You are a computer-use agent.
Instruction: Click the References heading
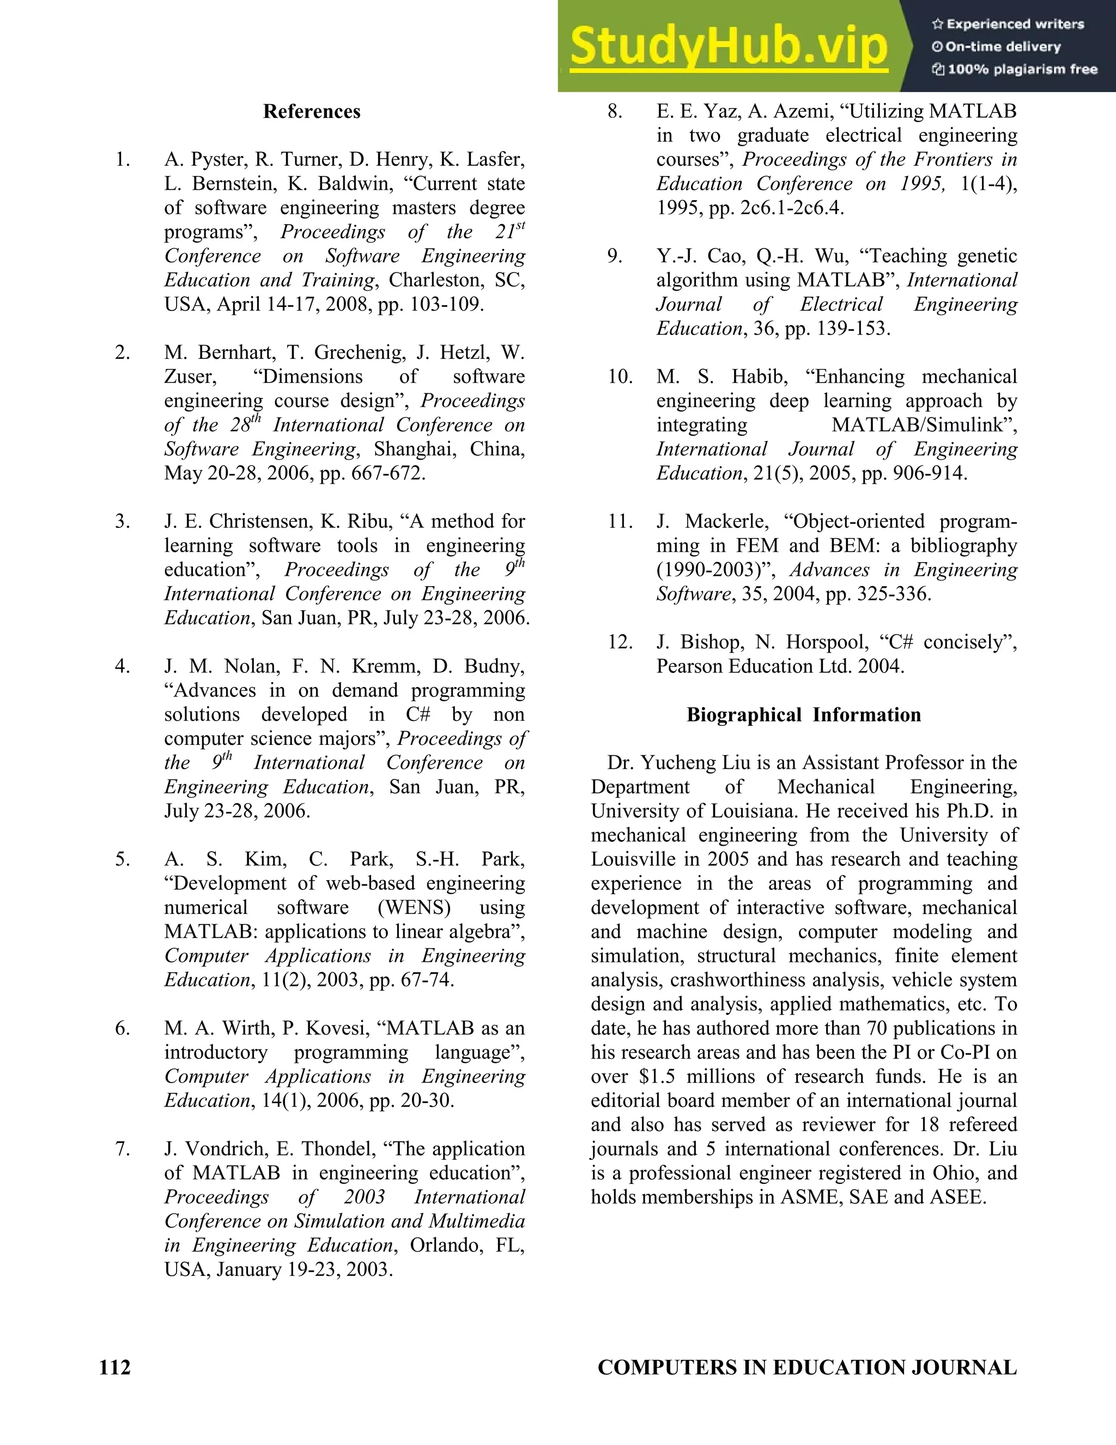coord(311,111)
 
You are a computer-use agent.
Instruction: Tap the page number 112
coord(115,1367)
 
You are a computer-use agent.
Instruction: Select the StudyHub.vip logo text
coord(728,46)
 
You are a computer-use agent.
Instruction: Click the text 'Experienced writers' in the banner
coord(1015,25)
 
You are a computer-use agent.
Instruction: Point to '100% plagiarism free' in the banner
coord(1022,69)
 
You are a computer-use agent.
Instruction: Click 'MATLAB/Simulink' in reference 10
coord(924,425)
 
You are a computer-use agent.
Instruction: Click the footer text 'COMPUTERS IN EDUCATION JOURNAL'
coord(806,1367)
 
